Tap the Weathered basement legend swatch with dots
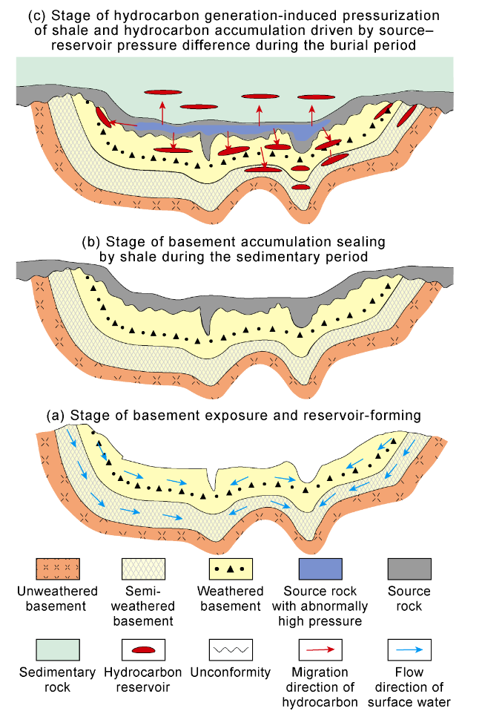tap(231, 569)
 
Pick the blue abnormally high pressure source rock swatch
tap(320, 569)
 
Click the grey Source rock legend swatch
tap(409, 569)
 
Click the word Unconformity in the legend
tap(231, 673)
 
